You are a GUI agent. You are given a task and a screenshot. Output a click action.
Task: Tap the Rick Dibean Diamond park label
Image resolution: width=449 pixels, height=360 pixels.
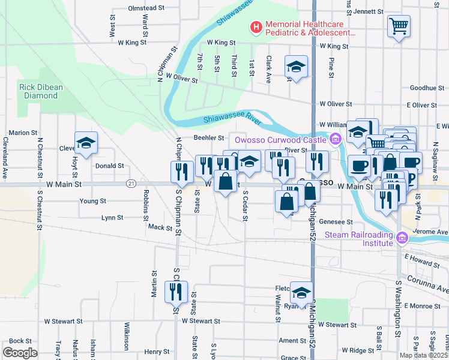[x=41, y=91]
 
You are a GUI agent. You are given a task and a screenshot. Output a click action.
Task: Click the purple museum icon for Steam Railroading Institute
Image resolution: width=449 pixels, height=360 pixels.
[x=402, y=239]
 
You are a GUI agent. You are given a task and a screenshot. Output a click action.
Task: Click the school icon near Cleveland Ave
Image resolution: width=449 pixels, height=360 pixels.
[x=86, y=144]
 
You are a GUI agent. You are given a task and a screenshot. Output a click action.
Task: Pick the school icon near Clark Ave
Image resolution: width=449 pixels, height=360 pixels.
[x=296, y=67]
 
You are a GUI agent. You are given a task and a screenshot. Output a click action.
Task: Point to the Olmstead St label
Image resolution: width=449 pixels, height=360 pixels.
[x=146, y=8]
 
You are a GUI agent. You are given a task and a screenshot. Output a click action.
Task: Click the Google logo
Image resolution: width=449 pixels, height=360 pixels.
[x=19, y=352]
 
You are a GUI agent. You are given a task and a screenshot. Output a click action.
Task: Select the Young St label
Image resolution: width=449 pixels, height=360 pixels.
[x=93, y=201]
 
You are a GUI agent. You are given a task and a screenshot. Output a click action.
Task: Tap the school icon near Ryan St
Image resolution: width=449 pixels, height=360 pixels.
[x=301, y=293]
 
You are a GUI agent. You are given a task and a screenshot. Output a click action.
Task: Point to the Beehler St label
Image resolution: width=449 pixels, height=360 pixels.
[x=209, y=138]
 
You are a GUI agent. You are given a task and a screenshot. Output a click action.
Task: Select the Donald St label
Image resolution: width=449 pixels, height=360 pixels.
[x=109, y=166]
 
